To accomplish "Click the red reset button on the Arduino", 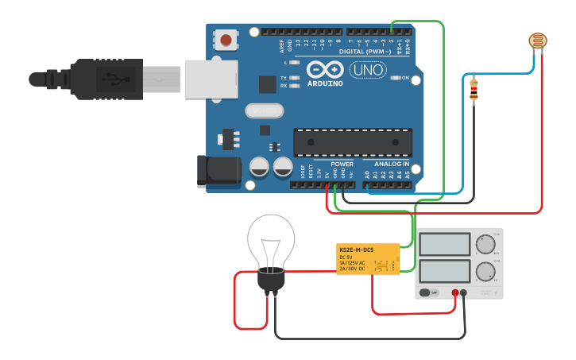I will [x=226, y=40].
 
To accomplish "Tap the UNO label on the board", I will [x=368, y=70].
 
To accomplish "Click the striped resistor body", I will [x=474, y=90].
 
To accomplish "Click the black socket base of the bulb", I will [x=271, y=281].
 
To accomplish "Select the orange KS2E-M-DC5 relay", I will [x=368, y=258].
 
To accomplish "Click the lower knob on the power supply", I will [x=484, y=272].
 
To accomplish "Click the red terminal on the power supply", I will [x=455, y=293].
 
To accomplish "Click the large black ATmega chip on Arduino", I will [x=353, y=141].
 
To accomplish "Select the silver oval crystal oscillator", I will [x=265, y=110].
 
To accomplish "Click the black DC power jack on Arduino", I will [x=218, y=171].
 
